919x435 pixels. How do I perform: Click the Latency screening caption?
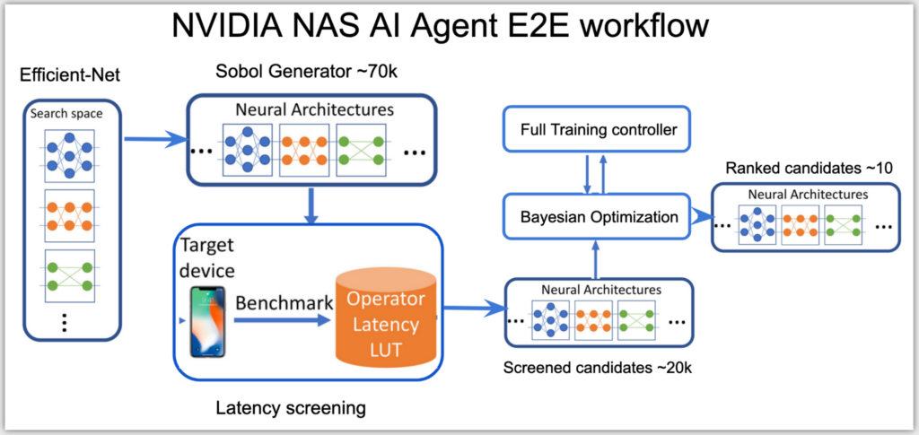tap(291, 408)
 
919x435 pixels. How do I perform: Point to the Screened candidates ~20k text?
tap(596, 369)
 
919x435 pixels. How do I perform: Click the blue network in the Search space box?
tap(67, 153)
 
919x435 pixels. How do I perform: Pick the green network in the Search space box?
tap(67, 279)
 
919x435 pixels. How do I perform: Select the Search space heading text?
tap(67, 114)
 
